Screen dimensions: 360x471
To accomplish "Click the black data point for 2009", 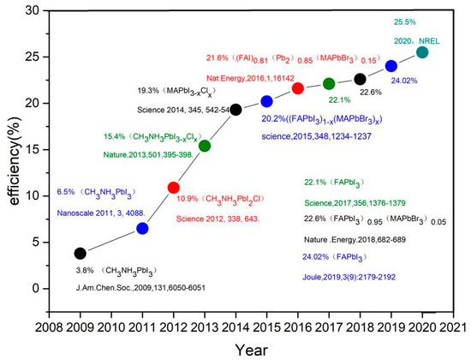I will pos(80,253).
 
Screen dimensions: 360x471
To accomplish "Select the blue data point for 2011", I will pos(142,228).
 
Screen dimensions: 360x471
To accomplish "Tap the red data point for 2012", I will pos(173,187).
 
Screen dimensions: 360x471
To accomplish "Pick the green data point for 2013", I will pos(205,146).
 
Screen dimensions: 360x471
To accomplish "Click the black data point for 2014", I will pos(235,110).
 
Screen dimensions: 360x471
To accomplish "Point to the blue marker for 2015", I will pos(266,101).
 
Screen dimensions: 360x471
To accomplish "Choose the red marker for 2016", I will pos(298,88).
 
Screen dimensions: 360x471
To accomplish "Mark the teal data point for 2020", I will pos(422,52).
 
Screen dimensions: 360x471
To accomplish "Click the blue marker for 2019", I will pos(391,66).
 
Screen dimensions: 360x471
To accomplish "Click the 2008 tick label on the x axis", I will pos(49,327).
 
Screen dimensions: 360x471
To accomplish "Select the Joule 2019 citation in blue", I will pos(349,277).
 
